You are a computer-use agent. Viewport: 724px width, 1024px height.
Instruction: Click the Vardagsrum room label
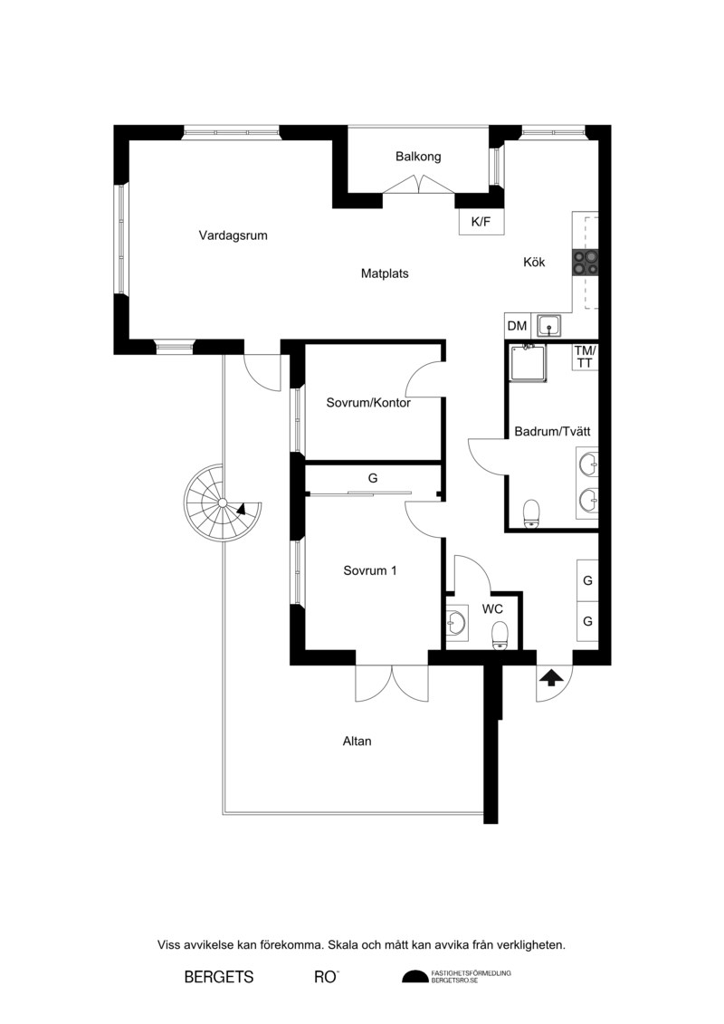[x=233, y=235]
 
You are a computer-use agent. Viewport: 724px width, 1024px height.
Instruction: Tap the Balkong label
[x=418, y=157]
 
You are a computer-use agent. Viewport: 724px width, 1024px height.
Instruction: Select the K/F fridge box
[x=481, y=222]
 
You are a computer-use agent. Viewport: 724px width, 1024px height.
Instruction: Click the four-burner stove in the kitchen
[x=585, y=262]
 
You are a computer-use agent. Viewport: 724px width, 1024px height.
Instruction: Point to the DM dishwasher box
[x=517, y=325]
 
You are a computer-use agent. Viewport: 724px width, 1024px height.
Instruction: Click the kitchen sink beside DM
[x=549, y=324]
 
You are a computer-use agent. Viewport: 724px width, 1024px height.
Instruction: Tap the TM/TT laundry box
[x=585, y=358]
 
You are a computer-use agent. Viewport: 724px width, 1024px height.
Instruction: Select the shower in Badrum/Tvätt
[x=529, y=362]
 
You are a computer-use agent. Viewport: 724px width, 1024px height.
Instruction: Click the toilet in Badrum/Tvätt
[x=532, y=513]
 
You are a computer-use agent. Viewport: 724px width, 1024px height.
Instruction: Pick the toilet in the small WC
[x=500, y=636]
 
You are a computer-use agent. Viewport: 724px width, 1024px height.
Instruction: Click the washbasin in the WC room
[x=456, y=622]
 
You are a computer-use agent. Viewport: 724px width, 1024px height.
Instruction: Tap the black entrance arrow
[x=552, y=678]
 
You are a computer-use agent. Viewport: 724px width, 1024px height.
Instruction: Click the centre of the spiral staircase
[x=222, y=502]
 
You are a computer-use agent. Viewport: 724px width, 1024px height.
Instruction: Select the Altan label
[x=357, y=742]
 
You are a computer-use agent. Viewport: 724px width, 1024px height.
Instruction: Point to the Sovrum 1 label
[x=370, y=570]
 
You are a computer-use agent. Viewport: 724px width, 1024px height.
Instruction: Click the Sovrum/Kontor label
[x=369, y=403]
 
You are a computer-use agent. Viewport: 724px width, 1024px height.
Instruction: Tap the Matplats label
[x=386, y=273]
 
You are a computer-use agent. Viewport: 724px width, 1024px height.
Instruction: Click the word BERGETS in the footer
[x=219, y=977]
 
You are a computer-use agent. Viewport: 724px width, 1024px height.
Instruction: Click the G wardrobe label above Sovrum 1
[x=373, y=478]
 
